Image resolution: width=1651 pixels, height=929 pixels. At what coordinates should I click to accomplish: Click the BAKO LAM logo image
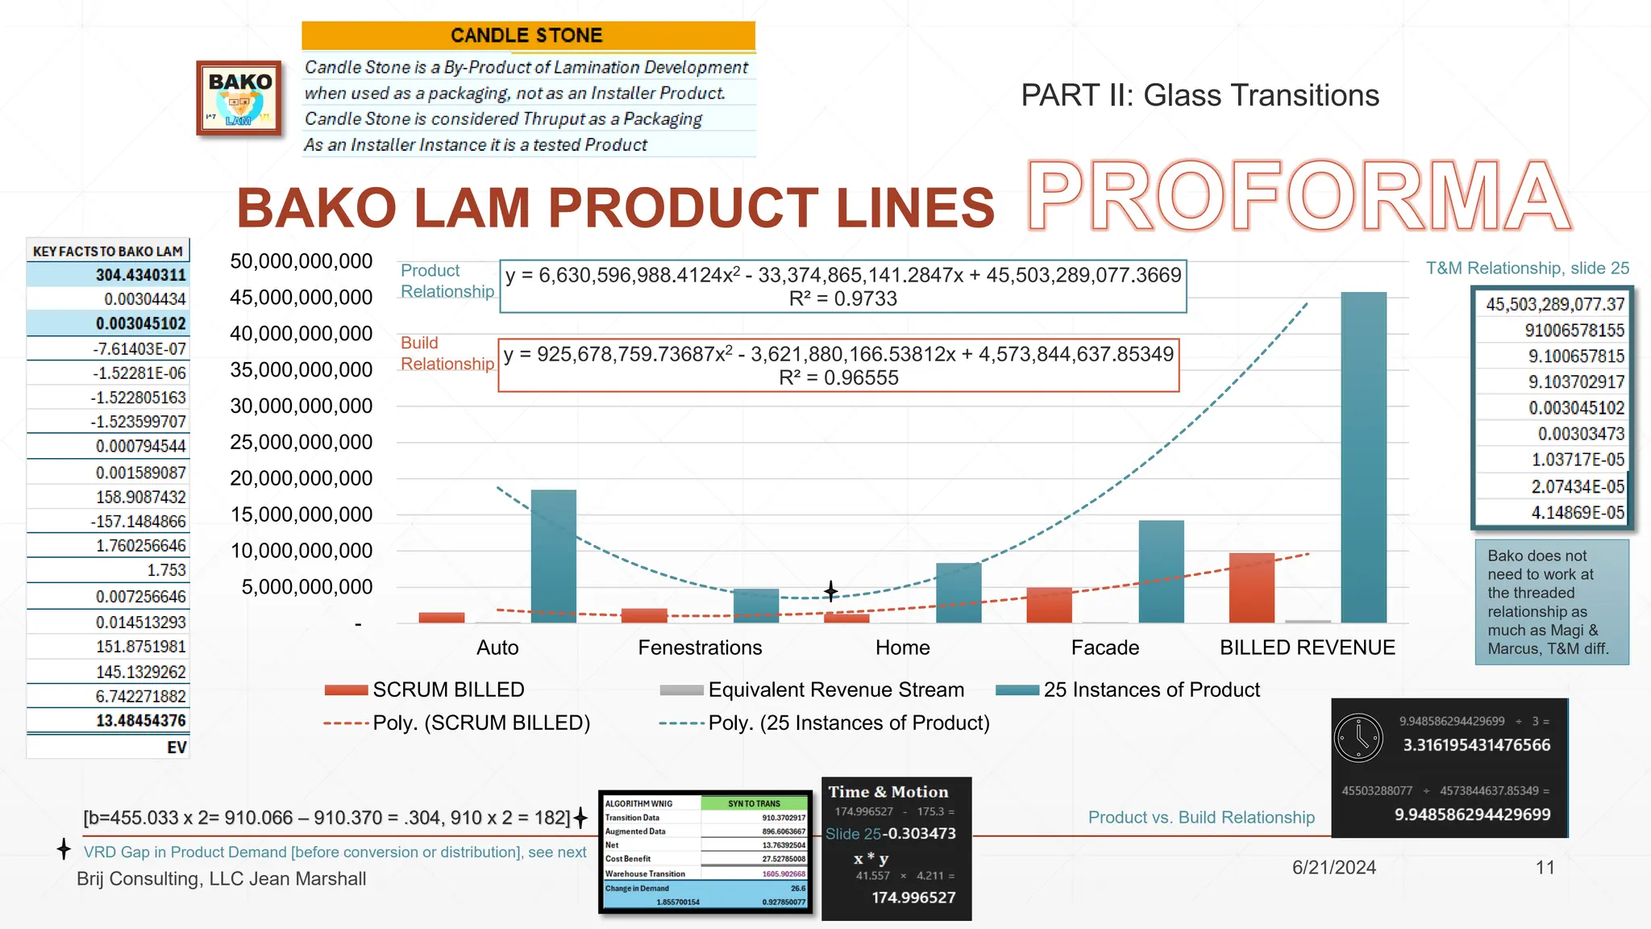pyautogui.click(x=239, y=98)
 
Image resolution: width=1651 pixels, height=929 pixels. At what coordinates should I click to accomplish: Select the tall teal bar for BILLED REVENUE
pyautogui.click(x=1363, y=457)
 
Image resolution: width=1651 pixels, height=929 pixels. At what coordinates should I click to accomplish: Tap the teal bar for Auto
pyautogui.click(x=553, y=556)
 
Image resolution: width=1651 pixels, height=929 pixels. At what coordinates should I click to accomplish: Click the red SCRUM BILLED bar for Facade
pyautogui.click(x=1049, y=605)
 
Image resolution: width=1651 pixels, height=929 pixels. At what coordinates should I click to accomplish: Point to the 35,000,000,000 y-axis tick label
pyautogui.click(x=301, y=370)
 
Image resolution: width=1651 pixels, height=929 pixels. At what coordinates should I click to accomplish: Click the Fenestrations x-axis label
pyautogui.click(x=700, y=648)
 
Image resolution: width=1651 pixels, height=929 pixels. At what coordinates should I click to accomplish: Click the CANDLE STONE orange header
pyautogui.click(x=528, y=35)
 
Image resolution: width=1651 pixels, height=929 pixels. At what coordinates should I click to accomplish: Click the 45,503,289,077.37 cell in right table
pyautogui.click(x=1555, y=304)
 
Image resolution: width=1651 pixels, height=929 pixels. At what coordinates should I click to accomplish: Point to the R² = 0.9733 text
pyautogui.click(x=842, y=298)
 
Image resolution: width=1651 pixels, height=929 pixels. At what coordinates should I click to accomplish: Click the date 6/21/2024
pyautogui.click(x=1334, y=868)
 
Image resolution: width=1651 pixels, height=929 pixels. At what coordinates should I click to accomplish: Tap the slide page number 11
pyautogui.click(x=1545, y=868)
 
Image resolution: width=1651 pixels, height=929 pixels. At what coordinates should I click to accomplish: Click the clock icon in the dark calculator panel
pyautogui.click(x=1358, y=737)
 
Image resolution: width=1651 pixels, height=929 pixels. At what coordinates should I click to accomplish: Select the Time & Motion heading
pyautogui.click(x=888, y=792)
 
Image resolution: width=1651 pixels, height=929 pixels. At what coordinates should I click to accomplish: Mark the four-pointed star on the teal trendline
pyautogui.click(x=831, y=591)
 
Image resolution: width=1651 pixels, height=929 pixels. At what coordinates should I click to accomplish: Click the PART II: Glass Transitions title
pyautogui.click(x=1200, y=95)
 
